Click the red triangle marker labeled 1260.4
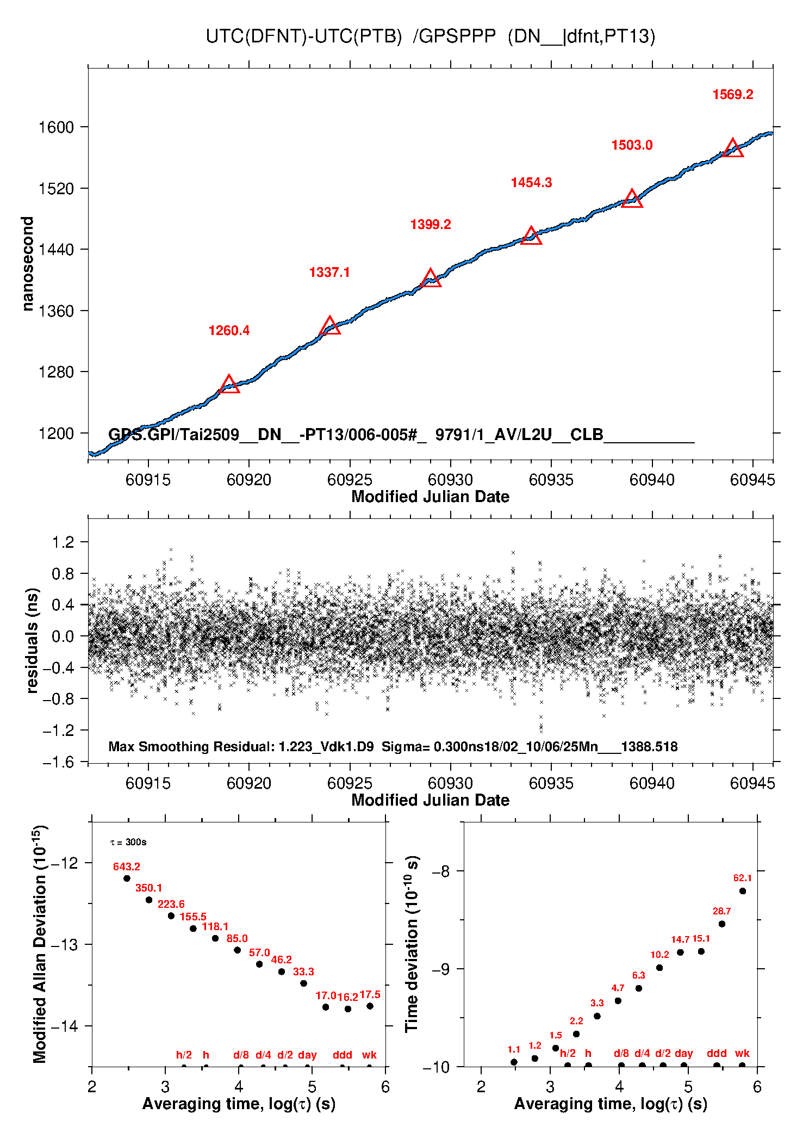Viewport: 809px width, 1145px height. coord(229,385)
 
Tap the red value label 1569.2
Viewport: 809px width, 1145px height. coord(733,95)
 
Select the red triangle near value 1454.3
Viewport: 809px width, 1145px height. coord(531,237)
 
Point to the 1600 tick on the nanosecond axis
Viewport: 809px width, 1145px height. coord(56,127)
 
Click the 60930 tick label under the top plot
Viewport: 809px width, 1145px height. coord(450,480)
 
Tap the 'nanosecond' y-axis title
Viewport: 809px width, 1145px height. coord(27,263)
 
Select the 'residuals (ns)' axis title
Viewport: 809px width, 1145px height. coord(32,640)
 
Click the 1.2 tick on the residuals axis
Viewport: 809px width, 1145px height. coord(63,542)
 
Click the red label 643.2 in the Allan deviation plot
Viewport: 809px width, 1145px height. coord(127,867)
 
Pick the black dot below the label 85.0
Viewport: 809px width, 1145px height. coord(237,950)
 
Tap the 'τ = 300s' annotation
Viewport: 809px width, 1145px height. coord(128,843)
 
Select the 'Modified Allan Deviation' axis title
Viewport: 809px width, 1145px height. coord(39,944)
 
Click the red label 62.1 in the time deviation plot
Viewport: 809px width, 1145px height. coord(742,878)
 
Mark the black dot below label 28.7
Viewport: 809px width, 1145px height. coord(722,924)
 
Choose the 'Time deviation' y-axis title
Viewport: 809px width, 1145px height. coord(412,944)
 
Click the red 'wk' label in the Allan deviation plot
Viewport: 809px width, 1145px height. coord(369,1055)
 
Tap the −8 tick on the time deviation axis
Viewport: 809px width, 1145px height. coord(440,871)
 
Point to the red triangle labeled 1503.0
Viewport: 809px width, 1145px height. coord(632,199)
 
